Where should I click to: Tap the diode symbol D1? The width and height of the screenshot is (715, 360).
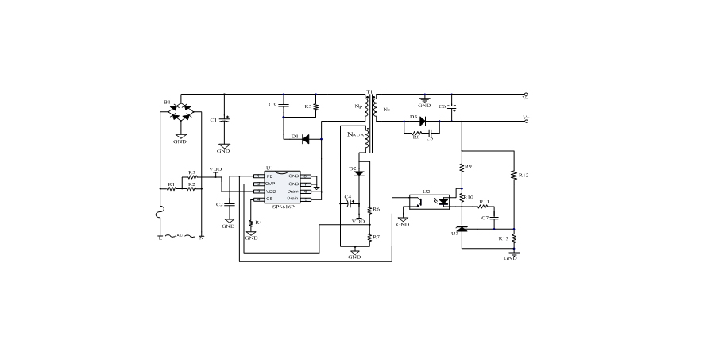coord(305,137)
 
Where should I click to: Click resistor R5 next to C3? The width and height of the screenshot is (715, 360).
coord(316,106)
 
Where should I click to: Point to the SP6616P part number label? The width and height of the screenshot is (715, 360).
coord(283,207)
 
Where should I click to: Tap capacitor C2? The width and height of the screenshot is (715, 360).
coord(229,204)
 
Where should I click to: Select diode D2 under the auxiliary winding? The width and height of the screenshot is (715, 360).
coord(359,172)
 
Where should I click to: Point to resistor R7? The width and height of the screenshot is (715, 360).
coord(370,237)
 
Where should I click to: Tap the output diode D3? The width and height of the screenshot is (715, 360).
coord(422,122)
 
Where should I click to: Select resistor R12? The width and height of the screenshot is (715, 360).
coord(514,175)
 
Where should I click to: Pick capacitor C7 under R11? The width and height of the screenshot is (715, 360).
coord(495,217)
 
